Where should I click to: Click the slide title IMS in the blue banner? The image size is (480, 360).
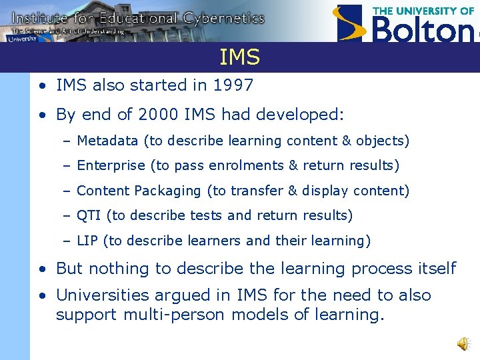(x=239, y=58)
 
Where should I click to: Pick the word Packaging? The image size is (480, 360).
(x=167, y=191)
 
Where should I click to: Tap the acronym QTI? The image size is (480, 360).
(x=89, y=215)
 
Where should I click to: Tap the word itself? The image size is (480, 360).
(x=434, y=269)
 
